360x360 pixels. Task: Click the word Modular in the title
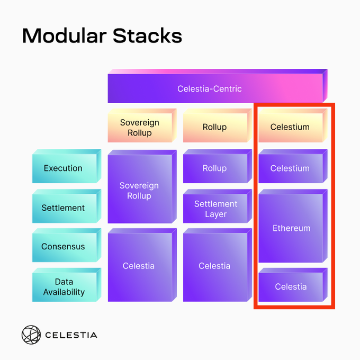[64, 35]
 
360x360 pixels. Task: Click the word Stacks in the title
[147, 35]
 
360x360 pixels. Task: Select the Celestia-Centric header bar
[218, 86]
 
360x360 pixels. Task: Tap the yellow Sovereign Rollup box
[142, 125]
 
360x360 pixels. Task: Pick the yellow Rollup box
[218, 125]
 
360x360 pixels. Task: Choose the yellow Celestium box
[293, 125]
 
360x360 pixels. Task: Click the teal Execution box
[67, 166]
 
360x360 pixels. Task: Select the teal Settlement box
[67, 206]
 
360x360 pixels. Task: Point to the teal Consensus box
[67, 245]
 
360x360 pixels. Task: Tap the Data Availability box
[67, 285]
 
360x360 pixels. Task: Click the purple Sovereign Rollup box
[142, 186]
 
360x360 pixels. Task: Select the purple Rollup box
[218, 166]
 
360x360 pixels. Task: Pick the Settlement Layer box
[218, 206]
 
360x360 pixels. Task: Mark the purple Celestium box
[293, 166]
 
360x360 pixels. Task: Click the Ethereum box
[293, 226]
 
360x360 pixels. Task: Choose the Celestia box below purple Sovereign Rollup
[142, 265]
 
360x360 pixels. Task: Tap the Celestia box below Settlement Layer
[218, 265]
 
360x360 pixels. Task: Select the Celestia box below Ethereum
[293, 285]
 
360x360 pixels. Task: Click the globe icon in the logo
[31, 335]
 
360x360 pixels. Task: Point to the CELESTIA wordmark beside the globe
[71, 335]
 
